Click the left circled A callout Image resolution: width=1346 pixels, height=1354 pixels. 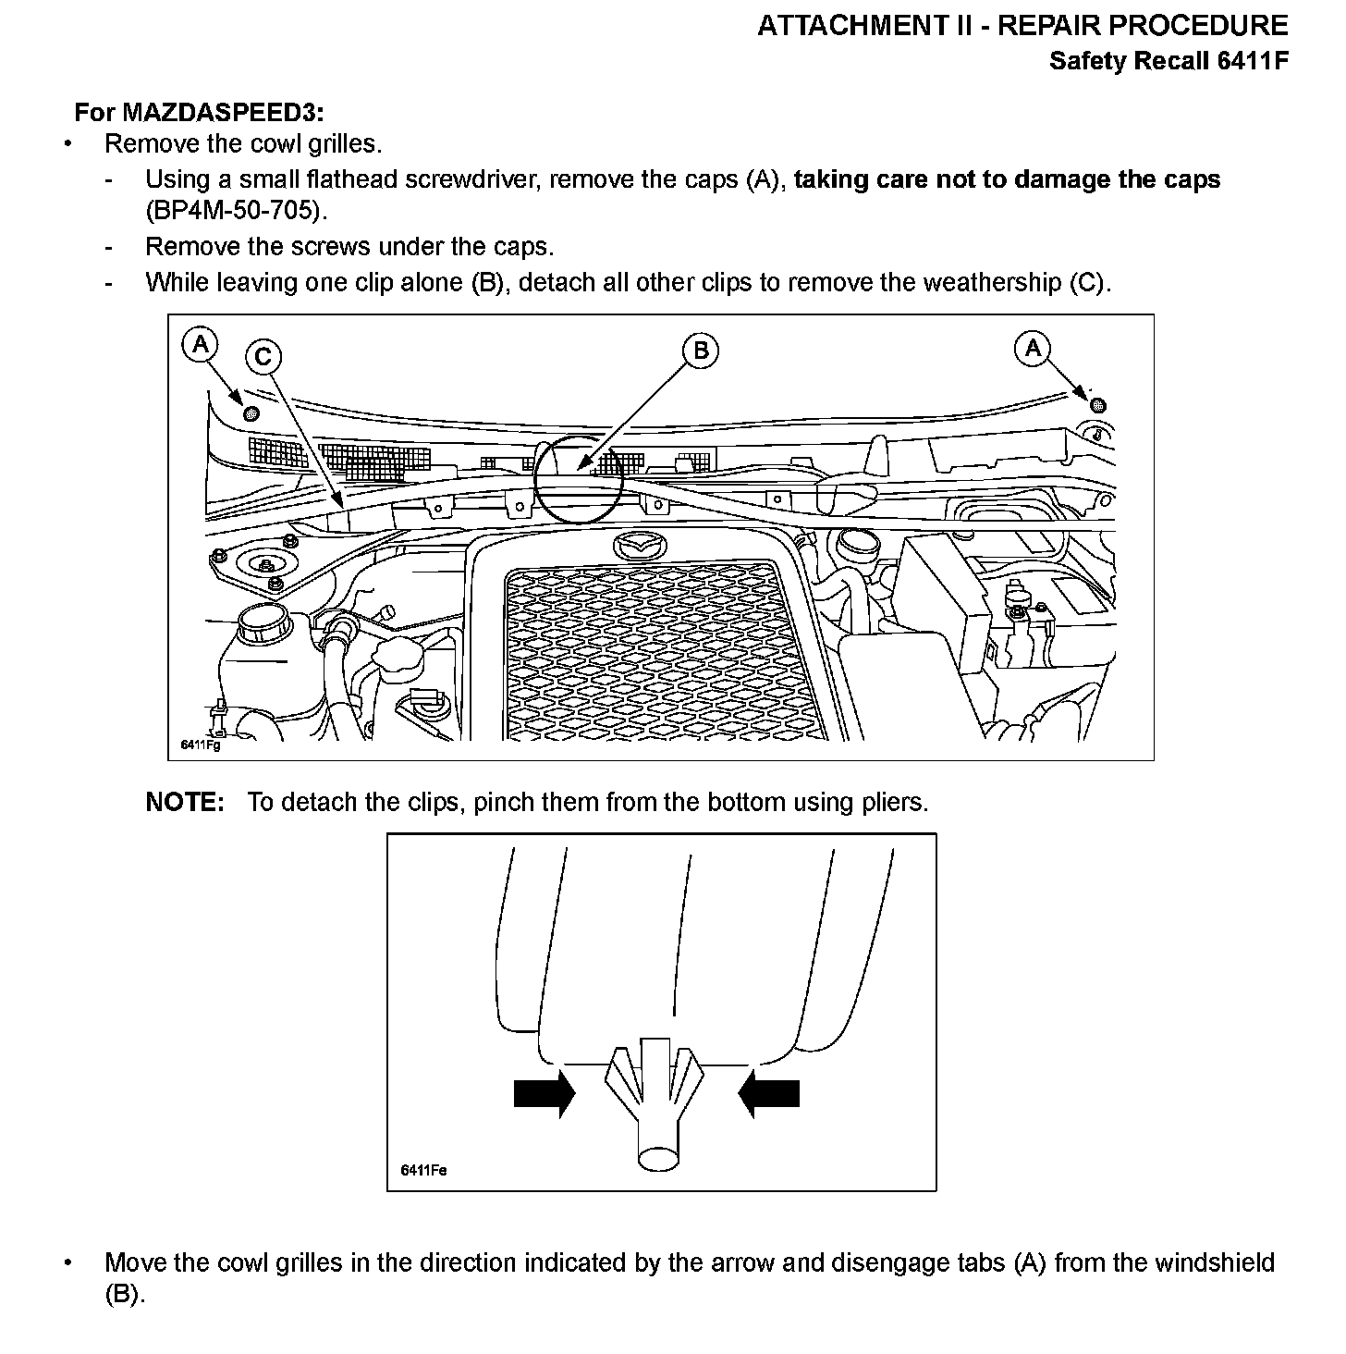point(200,345)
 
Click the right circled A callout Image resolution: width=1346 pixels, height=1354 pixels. point(1033,348)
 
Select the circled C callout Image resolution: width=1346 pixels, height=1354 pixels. point(263,356)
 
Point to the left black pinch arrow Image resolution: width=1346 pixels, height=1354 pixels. point(544,1093)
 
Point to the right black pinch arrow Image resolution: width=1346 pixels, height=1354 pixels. point(769,1093)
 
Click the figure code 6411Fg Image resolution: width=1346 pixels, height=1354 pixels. point(200,745)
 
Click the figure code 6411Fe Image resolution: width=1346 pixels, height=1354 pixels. point(423,1170)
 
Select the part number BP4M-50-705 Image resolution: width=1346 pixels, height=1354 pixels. point(236,210)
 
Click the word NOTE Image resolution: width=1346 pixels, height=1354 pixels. point(185,802)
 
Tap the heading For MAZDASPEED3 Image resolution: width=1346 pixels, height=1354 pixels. point(199,112)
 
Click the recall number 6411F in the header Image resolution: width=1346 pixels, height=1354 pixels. point(1252,61)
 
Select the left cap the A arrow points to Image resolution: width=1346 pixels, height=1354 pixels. point(250,412)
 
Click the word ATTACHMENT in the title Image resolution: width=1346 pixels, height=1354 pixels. point(851,26)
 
